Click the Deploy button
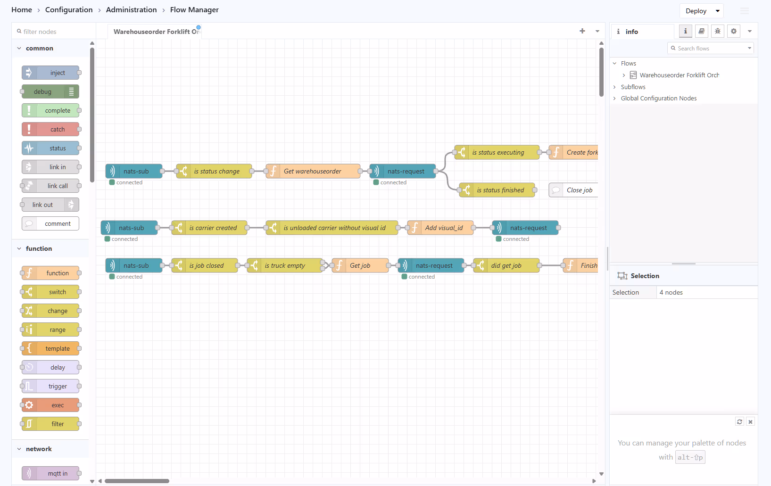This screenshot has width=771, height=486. pos(696,11)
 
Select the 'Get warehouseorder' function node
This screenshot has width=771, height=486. pos(313,171)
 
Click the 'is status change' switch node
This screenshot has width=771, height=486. pos(216,171)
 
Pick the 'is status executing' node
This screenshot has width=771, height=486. pos(498,152)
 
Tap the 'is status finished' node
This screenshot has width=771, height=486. pos(500,190)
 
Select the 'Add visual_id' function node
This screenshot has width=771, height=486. pos(443,228)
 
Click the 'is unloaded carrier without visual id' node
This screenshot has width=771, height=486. pos(334,228)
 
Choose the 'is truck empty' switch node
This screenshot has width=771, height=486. pos(285,265)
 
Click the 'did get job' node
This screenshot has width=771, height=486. pos(506,265)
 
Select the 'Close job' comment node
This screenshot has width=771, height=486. pos(579,190)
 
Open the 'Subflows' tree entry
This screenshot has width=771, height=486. pos(633,87)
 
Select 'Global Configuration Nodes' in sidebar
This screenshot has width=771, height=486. pos(658,98)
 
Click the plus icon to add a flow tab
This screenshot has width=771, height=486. pos(582,31)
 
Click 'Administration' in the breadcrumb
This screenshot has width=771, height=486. pos(131,10)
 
